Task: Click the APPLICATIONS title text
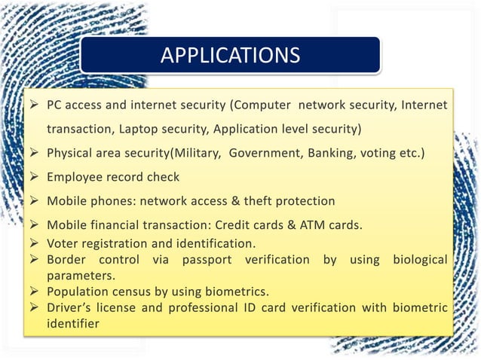231,56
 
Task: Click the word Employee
76,177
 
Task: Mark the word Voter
63,243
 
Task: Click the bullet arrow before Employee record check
35,177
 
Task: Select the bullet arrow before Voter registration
35,243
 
